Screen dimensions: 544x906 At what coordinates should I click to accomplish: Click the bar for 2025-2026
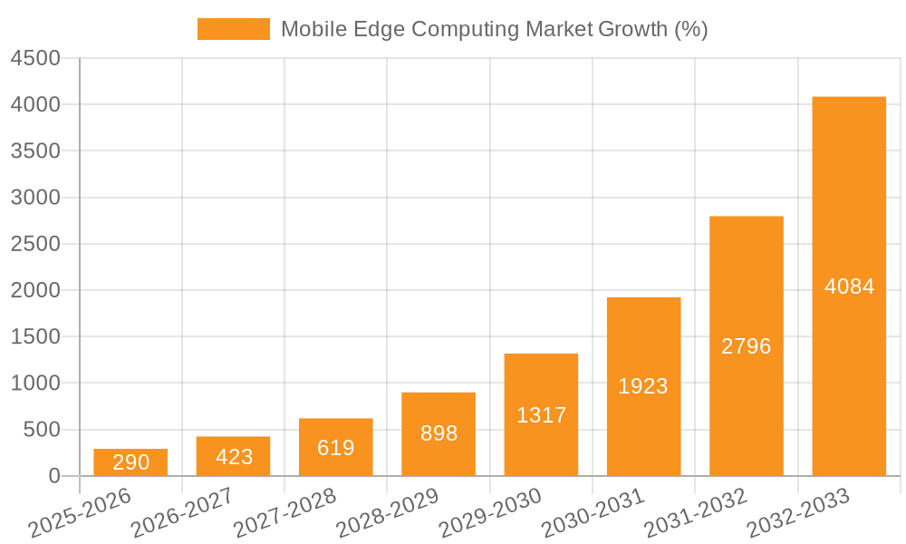[x=130, y=462]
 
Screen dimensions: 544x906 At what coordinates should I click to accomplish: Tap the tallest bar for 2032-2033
[x=849, y=286]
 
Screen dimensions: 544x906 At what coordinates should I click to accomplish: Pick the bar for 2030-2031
[x=643, y=386]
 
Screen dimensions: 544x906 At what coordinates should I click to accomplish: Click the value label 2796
[x=746, y=346]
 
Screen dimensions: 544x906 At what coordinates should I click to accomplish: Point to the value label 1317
[x=541, y=415]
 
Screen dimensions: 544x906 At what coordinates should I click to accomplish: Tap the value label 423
[x=234, y=457]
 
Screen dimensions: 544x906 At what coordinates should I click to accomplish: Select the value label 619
[x=335, y=448]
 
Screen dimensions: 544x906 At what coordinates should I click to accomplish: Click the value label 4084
[x=849, y=287]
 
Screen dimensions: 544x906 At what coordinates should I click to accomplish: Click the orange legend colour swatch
[x=234, y=29]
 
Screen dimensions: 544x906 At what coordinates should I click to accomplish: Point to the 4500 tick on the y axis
[x=35, y=59]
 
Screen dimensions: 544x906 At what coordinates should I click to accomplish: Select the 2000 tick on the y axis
[x=35, y=291]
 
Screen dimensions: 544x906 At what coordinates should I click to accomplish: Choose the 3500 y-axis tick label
[x=35, y=151]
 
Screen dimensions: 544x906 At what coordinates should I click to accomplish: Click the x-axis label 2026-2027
[x=181, y=514]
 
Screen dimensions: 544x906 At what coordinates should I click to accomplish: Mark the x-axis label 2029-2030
[x=489, y=514]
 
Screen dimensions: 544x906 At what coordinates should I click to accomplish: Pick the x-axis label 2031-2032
[x=695, y=514]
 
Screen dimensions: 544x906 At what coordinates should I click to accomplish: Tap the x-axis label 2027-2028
[x=284, y=514]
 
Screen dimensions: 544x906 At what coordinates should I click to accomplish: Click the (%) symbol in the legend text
[x=691, y=30]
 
